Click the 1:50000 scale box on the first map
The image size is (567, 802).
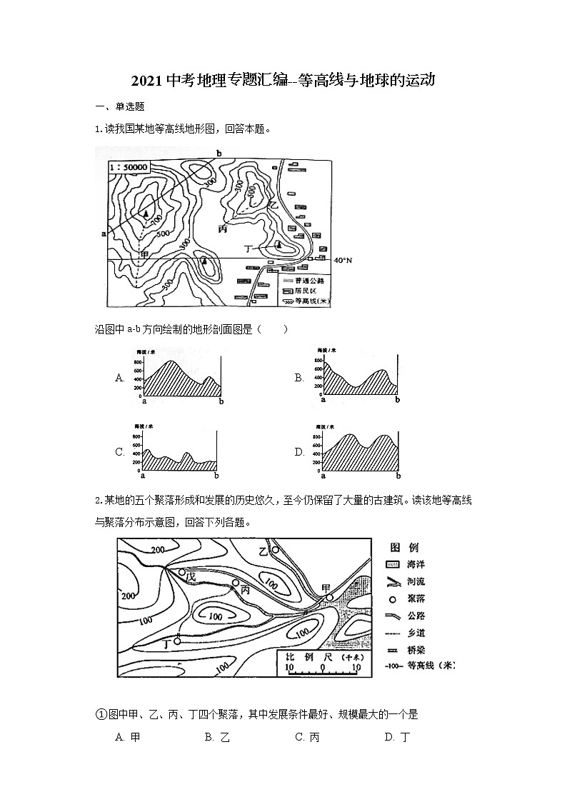pos(129,167)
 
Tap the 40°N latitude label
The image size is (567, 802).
pos(343,260)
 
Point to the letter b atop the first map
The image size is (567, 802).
pos(219,154)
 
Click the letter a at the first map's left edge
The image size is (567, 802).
pos(104,233)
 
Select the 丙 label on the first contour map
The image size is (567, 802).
pos(223,229)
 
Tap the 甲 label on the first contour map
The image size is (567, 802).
pos(145,254)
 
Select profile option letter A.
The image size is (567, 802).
pos(120,377)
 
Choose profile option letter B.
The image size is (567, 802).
pos(299,377)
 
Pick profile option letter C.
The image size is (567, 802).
pos(120,452)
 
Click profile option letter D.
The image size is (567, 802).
pos(299,452)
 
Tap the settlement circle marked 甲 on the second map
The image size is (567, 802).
pos(329,597)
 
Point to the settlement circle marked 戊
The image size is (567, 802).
pos(182,573)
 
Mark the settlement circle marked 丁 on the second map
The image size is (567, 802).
pos(178,641)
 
